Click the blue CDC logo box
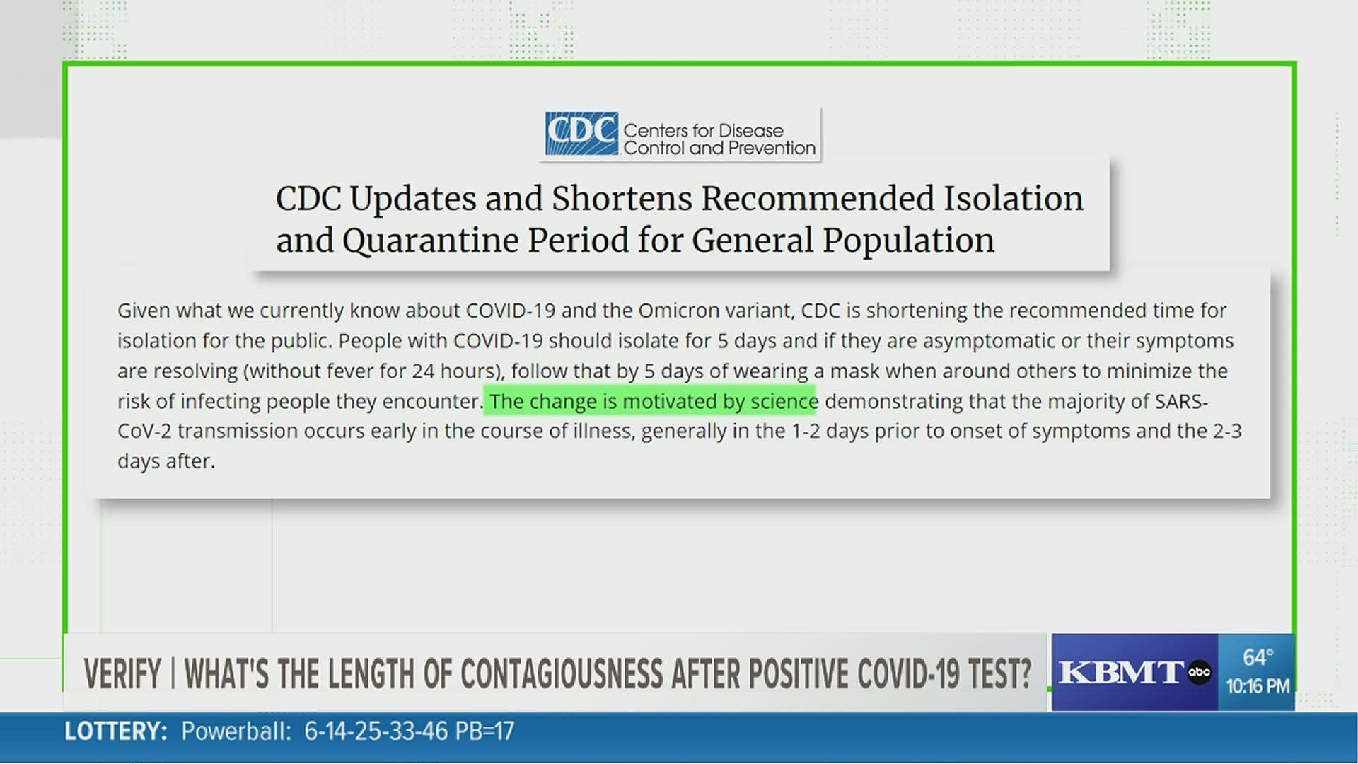click(581, 133)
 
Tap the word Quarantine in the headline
click(431, 241)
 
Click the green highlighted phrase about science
click(651, 401)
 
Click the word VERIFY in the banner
click(122, 673)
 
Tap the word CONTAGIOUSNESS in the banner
click(562, 673)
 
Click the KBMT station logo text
click(1120, 672)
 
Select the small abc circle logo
click(1199, 672)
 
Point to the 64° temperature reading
click(1258, 657)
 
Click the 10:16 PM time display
click(1258, 686)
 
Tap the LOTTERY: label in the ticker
click(116, 731)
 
